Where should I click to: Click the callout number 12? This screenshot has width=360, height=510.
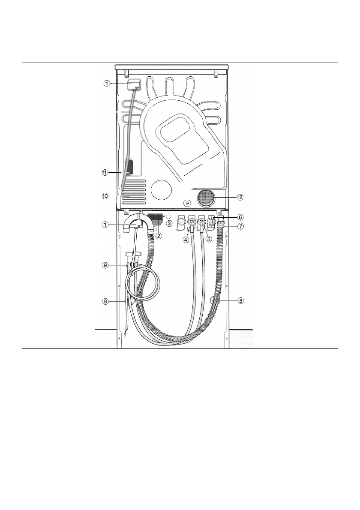click(240, 197)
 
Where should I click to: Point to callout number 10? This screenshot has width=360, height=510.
click(105, 196)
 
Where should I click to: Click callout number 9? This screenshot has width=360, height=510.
click(105, 265)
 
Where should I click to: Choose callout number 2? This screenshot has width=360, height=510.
click(159, 236)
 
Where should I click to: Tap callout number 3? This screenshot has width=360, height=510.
click(169, 223)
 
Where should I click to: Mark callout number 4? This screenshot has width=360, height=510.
click(186, 240)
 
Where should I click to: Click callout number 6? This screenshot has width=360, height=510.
click(240, 216)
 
